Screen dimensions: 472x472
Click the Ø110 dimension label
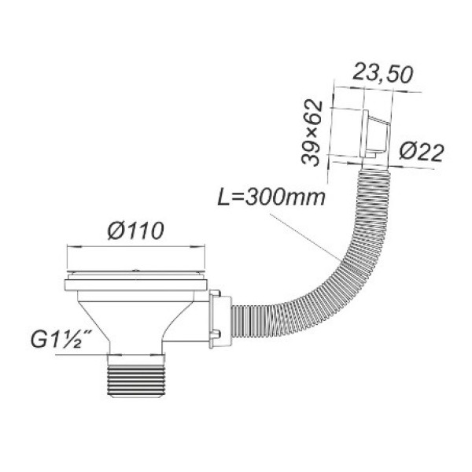pyautogui.click(x=136, y=230)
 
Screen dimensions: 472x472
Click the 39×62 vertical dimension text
pyautogui.click(x=312, y=133)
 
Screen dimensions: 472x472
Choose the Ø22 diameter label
pyautogui.click(x=422, y=153)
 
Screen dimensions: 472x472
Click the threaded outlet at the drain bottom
pyautogui.click(x=136, y=376)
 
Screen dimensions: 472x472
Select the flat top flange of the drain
pyautogui.click(x=136, y=285)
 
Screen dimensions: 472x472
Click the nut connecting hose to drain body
pyautogui.click(x=220, y=319)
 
